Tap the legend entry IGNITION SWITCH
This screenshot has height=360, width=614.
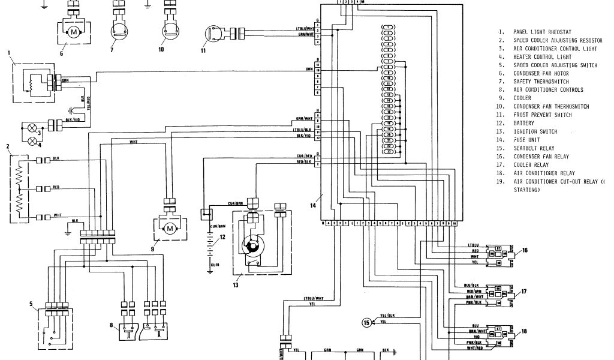pos(535,131)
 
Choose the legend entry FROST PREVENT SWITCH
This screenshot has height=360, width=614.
pos(542,115)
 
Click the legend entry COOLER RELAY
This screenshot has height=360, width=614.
pos(531,165)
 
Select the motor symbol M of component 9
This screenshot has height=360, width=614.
pos(170,228)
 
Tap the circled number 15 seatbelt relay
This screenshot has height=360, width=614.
pos(368,322)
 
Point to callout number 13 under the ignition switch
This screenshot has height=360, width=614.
pos(236,285)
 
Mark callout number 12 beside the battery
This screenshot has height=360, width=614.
pos(222,238)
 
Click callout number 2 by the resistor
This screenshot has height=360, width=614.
pos(7,146)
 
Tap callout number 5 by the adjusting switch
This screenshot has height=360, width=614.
pos(31,304)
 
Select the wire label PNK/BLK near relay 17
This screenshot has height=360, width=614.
pos(475,302)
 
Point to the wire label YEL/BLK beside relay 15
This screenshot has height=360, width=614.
pos(387,316)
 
